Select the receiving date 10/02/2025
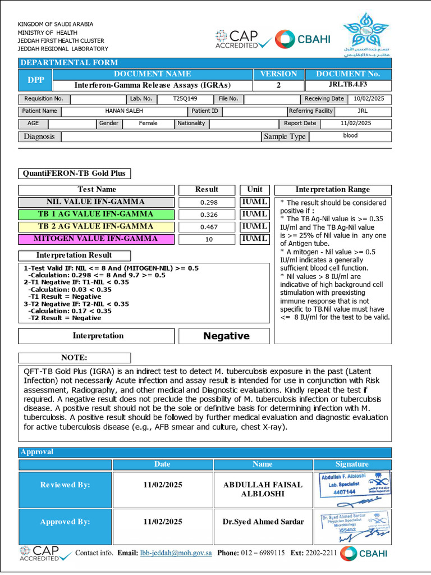369,99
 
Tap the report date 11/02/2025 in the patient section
356,124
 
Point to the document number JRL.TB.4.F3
348,85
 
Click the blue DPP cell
35,80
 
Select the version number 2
278,85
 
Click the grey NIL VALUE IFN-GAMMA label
95,202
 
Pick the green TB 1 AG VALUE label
95,215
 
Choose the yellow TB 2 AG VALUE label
95,227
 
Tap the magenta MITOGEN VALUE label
95,239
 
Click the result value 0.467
209,227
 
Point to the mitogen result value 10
209,239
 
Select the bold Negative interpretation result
226,336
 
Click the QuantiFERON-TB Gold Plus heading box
75,174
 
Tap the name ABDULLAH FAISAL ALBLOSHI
263,489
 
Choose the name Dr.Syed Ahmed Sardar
263,522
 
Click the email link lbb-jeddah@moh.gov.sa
176,553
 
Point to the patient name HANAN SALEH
123,111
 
